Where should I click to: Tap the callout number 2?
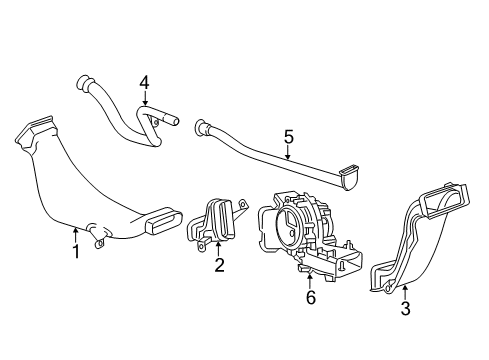tap(219, 265)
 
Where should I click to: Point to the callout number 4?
tap(143, 82)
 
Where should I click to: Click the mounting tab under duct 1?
tap(98, 238)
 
